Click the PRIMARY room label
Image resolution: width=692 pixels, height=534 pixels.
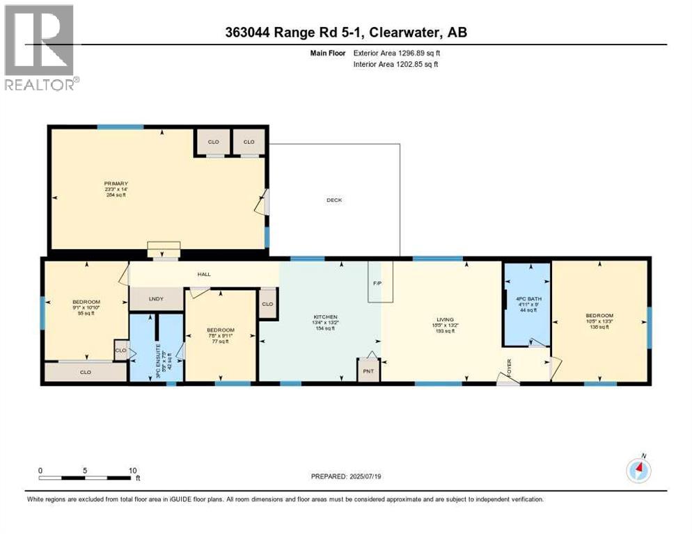pos(112,184)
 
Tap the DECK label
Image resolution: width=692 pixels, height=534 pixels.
pos(334,200)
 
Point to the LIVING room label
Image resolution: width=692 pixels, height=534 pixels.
pos(446,320)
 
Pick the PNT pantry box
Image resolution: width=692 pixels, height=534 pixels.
pos(368,371)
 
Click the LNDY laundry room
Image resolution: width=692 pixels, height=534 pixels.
pos(156,299)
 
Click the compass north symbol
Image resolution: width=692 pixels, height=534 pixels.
pos(638,469)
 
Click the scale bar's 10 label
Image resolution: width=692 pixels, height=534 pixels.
pos(132,470)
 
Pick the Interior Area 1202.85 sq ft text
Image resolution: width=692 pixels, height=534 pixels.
pos(396,65)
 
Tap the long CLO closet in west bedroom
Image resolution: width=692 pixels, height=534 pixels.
pos(86,373)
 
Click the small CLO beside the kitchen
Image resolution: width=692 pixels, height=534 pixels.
pos(267,305)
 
